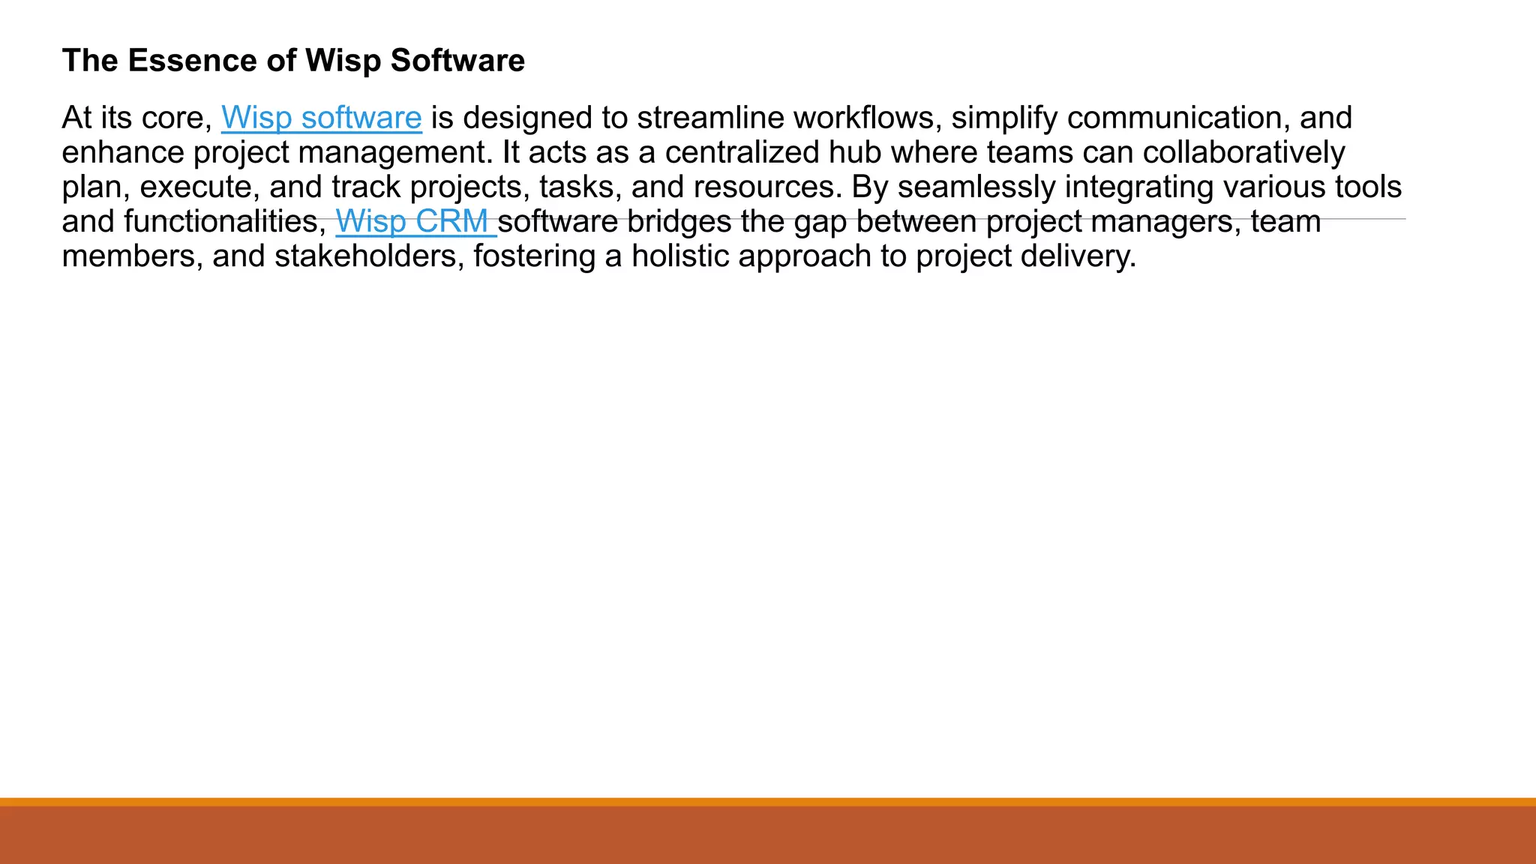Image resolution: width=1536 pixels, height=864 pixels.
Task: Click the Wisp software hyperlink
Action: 321,118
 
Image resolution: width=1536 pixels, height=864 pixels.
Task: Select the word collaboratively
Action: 1243,153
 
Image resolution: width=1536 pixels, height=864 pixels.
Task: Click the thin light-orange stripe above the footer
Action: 768,802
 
